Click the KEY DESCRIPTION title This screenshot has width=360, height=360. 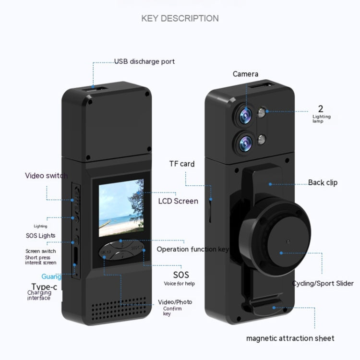coord(180,18)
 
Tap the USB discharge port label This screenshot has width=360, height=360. coord(144,61)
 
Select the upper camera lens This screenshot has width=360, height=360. coord(244,114)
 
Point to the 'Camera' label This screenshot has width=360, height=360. coord(245,74)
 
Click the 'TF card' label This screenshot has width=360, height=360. coord(181,164)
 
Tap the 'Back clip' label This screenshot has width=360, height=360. coord(323,182)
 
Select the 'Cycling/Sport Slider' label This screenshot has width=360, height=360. coord(323,283)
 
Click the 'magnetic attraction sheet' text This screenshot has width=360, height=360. coord(290,338)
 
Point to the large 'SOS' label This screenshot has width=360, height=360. coord(181,275)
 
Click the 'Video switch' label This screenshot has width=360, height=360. coord(46,176)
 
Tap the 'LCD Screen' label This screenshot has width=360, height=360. coord(178,201)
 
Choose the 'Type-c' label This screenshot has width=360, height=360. coord(45,287)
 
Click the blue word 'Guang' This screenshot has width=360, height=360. coord(51,276)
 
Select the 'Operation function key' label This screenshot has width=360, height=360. coord(192,249)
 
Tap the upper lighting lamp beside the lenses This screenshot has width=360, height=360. coord(262,113)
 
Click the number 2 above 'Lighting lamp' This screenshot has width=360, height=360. coord(321,108)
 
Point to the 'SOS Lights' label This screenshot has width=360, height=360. coord(40,236)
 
